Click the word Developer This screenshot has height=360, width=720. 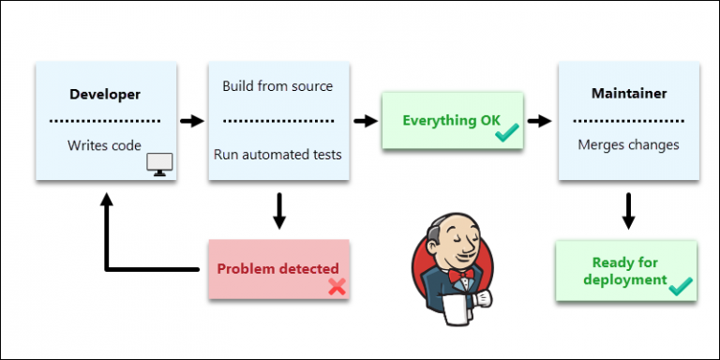(105, 95)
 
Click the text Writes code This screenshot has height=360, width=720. (104, 145)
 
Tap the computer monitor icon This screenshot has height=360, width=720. (160, 165)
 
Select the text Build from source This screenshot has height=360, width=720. (277, 86)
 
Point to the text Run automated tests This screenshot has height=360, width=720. (277, 154)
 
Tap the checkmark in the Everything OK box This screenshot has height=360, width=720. (506, 134)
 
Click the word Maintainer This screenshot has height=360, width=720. (628, 95)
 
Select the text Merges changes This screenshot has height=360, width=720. (628, 145)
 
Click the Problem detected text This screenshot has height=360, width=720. (277, 269)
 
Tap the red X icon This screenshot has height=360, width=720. (337, 287)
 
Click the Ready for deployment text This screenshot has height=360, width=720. (624, 271)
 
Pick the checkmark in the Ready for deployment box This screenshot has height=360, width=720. (681, 285)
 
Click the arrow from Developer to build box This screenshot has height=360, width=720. (192, 120)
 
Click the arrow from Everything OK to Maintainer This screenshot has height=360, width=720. (539, 120)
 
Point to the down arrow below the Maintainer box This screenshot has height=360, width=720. (628, 211)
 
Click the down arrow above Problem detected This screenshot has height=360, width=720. (278, 211)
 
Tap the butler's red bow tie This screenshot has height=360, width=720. (459, 277)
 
